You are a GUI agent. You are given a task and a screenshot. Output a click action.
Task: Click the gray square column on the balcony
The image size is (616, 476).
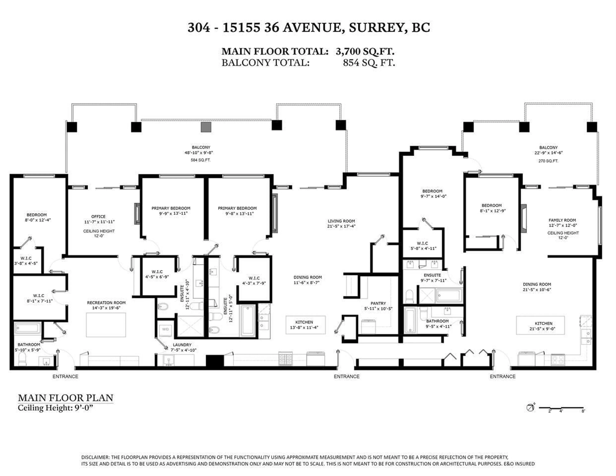click(x=206, y=127)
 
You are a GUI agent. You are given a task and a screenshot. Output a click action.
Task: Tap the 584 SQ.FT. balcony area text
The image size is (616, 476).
click(x=201, y=160)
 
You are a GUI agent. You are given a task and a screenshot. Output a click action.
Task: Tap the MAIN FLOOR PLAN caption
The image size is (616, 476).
click(x=65, y=398)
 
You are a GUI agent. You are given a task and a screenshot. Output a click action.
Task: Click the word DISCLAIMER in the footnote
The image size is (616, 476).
click(x=95, y=457)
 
